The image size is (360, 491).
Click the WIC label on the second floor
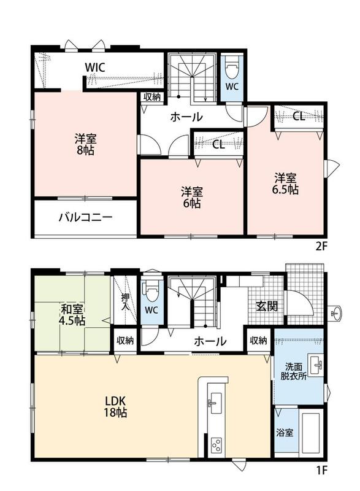[x=94, y=68]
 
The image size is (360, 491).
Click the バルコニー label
[x=86, y=217]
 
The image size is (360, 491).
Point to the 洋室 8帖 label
[x=85, y=144]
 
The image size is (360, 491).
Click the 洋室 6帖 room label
[x=192, y=197]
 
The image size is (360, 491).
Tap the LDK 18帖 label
[x=115, y=406]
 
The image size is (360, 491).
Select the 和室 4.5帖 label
[x=72, y=315]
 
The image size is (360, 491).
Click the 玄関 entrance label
[x=267, y=306]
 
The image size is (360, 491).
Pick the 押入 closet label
[x=125, y=301]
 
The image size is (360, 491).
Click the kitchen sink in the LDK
[x=214, y=403]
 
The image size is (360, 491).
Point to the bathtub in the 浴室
[x=310, y=433]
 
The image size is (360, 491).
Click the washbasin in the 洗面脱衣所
[x=316, y=365]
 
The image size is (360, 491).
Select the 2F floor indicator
[x=321, y=247]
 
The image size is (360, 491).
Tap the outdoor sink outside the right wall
[x=337, y=313]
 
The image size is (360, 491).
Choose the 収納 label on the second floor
[x=152, y=97]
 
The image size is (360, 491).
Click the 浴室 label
[x=285, y=433]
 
